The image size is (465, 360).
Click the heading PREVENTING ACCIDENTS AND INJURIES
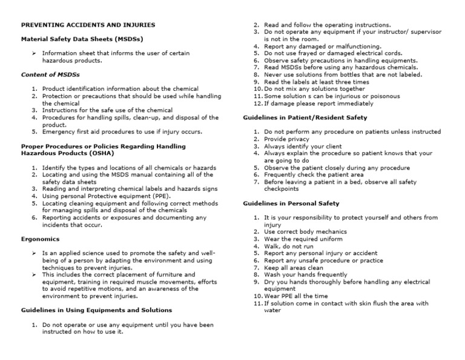pos(88,25)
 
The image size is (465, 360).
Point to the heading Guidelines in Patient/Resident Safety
pos(305,117)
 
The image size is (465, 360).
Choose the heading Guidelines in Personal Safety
pos(291,203)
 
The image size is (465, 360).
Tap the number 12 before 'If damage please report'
pos(257,103)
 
